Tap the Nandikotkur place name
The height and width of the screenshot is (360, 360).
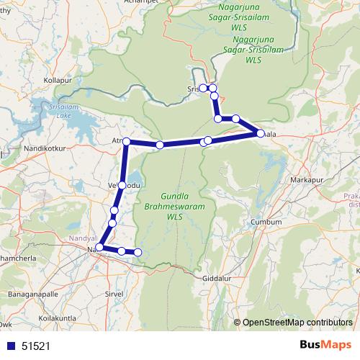[44, 147]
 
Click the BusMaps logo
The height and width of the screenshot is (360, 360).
[325, 345]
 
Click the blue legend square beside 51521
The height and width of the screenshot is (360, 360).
[10, 346]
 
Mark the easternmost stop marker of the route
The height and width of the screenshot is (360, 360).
[260, 133]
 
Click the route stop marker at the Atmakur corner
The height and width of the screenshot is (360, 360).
[126, 142]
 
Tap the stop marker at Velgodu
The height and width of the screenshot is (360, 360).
[122, 186]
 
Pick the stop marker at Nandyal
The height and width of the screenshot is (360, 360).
[99, 248]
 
